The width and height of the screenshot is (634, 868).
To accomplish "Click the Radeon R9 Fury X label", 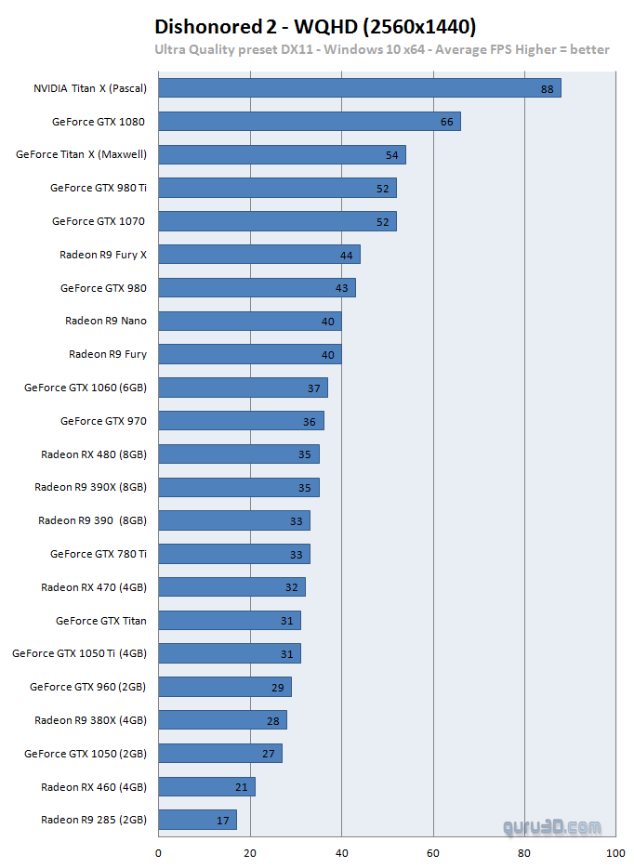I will [103, 255].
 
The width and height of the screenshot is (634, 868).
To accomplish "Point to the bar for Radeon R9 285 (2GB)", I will [197, 820].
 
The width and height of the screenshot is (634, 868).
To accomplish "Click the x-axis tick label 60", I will [433, 852].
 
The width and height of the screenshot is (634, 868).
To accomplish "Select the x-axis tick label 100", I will [615, 852].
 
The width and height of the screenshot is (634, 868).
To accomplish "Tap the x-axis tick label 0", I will [158, 852].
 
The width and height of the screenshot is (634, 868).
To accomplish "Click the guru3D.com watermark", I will [552, 824].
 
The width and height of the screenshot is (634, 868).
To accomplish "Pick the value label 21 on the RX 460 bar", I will [242, 787].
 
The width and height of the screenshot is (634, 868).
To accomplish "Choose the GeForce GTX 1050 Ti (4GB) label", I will [79, 653].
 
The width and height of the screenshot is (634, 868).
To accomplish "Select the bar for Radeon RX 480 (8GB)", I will [238, 454].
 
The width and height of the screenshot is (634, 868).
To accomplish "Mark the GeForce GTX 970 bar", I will [240, 421].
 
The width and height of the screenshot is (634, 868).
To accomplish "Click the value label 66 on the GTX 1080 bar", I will [446, 123].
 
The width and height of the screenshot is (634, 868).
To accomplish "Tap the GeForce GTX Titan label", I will [100, 620].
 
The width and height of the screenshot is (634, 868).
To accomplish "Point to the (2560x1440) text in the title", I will [422, 26].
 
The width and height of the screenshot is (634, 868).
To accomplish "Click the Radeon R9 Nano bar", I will [249, 321].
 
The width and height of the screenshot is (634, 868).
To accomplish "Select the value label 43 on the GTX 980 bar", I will [341, 288].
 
